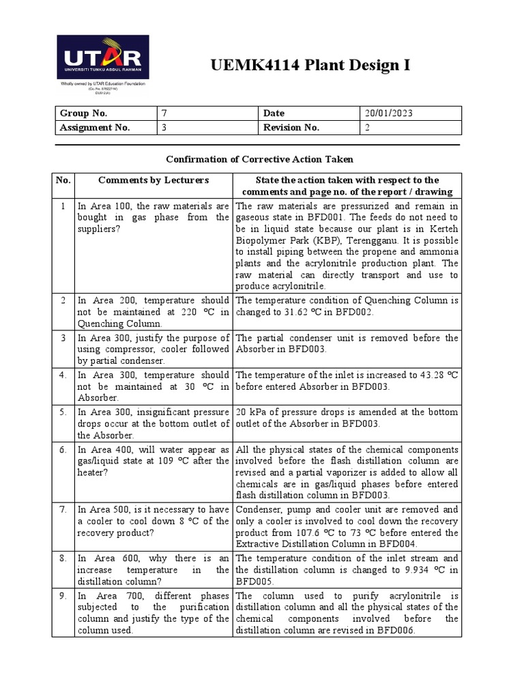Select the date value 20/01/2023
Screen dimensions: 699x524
(389, 113)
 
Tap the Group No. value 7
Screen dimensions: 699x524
(164, 113)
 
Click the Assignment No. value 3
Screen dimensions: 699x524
(164, 128)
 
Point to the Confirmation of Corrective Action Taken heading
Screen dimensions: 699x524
(260, 159)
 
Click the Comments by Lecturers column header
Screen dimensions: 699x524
(154, 180)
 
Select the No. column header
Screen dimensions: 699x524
(63, 180)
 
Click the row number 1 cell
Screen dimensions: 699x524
(63, 206)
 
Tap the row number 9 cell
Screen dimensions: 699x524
(63, 596)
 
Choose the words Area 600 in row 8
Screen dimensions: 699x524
(115, 558)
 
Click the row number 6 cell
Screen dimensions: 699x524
(63, 451)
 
